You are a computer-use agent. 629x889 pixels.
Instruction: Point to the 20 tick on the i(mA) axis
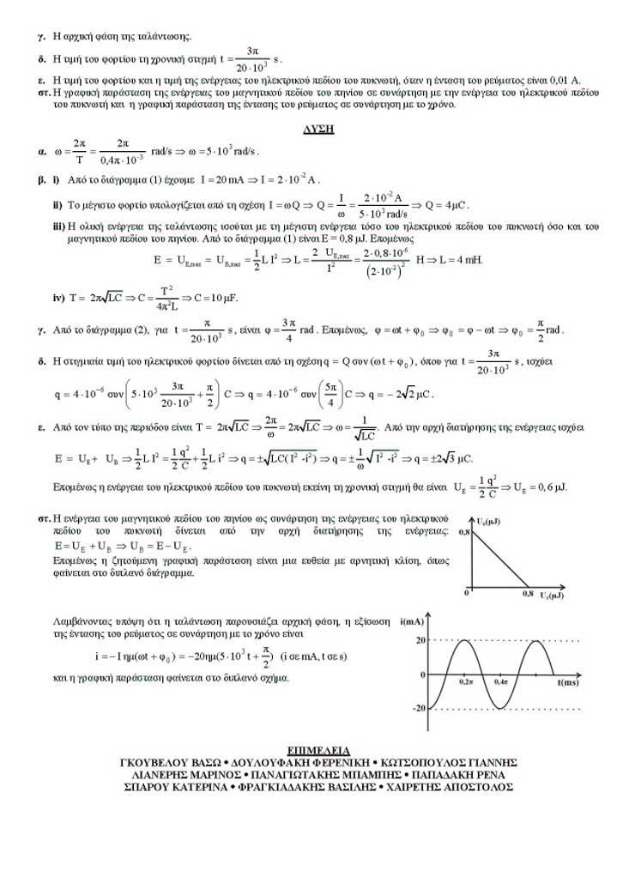click(420, 640)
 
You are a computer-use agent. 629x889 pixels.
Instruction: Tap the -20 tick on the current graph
click(419, 709)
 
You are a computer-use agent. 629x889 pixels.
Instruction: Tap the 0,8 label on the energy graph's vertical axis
click(465, 533)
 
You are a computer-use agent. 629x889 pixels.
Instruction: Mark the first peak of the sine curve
click(464, 641)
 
